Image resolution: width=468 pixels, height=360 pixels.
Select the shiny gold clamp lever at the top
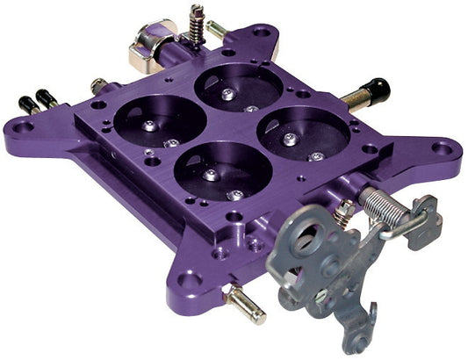pos(147,47)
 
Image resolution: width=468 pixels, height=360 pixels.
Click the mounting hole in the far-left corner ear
pos(26,126)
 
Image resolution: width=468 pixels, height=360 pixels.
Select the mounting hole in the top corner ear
pos(261,33)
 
